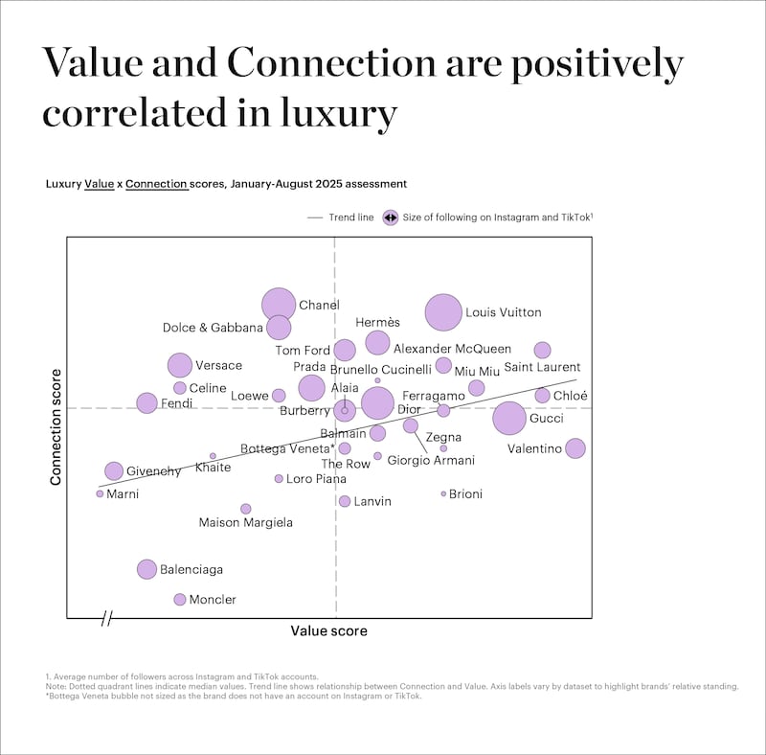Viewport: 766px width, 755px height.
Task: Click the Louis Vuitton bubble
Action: pyautogui.click(x=443, y=312)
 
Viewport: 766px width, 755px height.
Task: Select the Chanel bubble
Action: pyautogui.click(x=279, y=305)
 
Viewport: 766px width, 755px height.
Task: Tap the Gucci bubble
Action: pyautogui.click(x=509, y=418)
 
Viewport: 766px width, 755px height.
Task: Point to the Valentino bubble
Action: pyautogui.click(x=574, y=448)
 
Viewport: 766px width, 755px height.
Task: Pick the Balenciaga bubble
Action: pyautogui.click(x=146, y=569)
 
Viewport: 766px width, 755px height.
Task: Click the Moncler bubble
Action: pyautogui.click(x=179, y=600)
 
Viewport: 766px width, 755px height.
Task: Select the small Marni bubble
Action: pyautogui.click(x=100, y=493)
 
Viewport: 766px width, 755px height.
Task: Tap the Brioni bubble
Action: pyautogui.click(x=443, y=494)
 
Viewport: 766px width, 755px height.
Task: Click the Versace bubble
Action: pyautogui.click(x=180, y=365)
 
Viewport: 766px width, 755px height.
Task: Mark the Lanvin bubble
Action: pyautogui.click(x=345, y=501)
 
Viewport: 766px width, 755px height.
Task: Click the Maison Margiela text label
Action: pyautogui.click(x=245, y=523)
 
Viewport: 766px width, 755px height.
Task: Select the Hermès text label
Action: pyautogui.click(x=377, y=322)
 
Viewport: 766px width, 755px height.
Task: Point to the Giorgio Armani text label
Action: pyautogui.click(x=431, y=461)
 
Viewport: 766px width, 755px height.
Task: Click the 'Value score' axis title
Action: pyautogui.click(x=328, y=631)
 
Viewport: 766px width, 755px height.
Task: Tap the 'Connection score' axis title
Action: pyautogui.click(x=56, y=426)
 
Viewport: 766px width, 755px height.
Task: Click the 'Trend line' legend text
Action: pyautogui.click(x=350, y=217)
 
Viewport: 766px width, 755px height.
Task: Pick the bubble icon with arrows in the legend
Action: pyautogui.click(x=390, y=217)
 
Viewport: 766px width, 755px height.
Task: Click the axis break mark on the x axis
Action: pyautogui.click(x=106, y=618)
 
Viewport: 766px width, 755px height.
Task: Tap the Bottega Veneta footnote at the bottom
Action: pyautogui.click(x=233, y=697)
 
